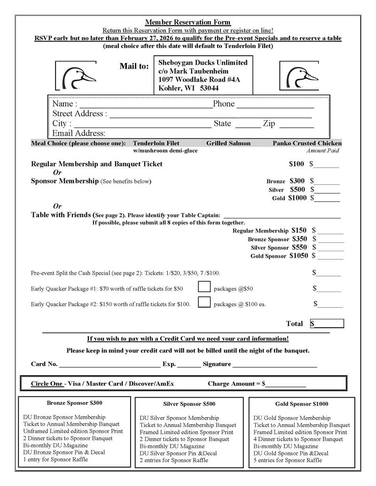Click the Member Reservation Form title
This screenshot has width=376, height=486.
pos(188,22)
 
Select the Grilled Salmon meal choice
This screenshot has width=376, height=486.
pos(228,143)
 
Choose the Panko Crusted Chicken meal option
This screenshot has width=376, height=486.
pos(307,143)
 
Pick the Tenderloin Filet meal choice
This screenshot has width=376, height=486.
pos(156,143)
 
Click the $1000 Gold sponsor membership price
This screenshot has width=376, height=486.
pos(297,198)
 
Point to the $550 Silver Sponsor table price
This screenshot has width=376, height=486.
pos(299,247)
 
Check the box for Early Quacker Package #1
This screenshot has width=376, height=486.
pos(204,287)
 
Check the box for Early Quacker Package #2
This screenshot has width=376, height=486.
pos(204,302)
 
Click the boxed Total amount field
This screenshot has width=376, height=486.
pos(327,324)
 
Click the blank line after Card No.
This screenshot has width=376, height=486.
pos(110,364)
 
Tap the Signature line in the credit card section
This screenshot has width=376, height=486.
pos(274,364)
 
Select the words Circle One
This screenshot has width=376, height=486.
pos(47,384)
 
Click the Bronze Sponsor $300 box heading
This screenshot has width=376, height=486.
pos(74,403)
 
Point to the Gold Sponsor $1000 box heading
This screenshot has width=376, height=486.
pos(302,404)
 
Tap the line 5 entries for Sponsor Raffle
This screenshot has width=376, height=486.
pos(288,460)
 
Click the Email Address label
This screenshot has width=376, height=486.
pos(79,133)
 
